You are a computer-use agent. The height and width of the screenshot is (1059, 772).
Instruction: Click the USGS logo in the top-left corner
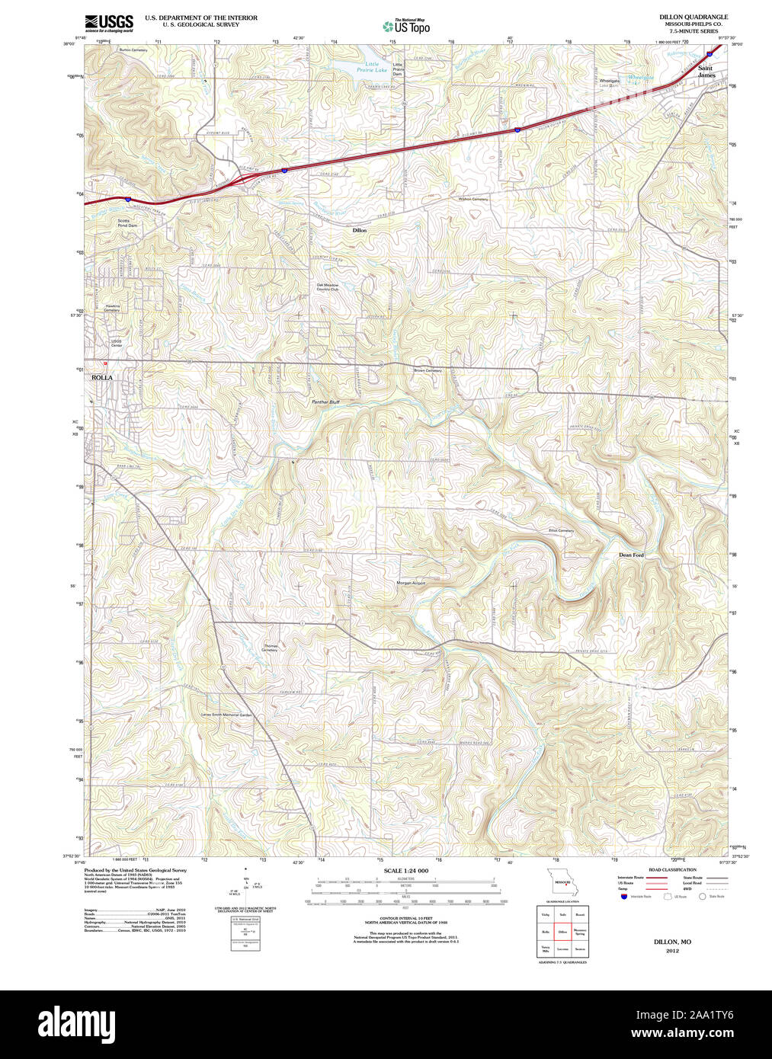coord(109,23)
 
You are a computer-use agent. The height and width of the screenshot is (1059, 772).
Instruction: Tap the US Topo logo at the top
coord(407,27)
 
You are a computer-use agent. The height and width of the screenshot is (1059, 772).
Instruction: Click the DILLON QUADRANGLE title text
coord(693,17)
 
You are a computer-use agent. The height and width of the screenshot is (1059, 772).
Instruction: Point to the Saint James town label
coord(706,72)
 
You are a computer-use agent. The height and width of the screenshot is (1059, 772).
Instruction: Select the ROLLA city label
coord(101,377)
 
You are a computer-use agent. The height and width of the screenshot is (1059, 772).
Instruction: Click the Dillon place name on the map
coord(359,230)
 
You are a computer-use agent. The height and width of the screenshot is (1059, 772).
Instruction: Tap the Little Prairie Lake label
coord(372,67)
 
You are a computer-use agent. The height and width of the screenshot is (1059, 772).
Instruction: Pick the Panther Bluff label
coord(325,402)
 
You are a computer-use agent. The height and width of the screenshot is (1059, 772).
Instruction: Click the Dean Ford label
coord(631,555)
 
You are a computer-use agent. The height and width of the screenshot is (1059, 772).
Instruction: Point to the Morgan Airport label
coord(411,583)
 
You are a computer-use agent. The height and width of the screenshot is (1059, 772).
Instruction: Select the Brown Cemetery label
coord(428,371)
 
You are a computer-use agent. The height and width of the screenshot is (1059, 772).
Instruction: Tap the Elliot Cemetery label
coord(561,531)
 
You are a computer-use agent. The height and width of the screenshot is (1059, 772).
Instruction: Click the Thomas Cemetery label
coord(270,648)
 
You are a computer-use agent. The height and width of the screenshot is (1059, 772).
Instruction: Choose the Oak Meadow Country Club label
coord(328,287)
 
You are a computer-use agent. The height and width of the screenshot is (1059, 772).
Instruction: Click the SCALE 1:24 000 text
coord(405,871)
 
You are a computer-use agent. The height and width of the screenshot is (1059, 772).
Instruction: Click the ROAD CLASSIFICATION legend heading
coord(671,869)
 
